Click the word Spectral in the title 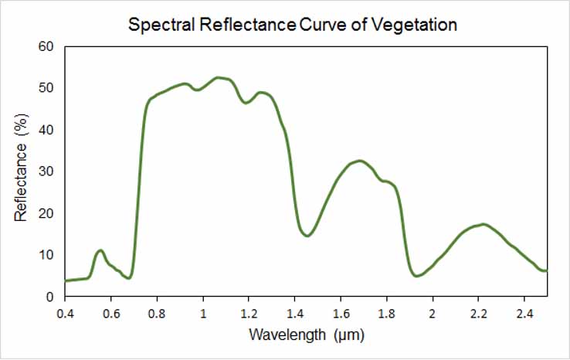point(159,25)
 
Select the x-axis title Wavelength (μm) point(306,335)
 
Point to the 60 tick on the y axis point(46,46)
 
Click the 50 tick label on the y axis point(46,88)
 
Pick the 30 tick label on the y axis point(46,172)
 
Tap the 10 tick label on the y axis point(46,255)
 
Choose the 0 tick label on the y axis point(49,297)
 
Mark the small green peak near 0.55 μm point(100,250)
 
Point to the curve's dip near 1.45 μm point(307,236)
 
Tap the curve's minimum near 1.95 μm point(417,275)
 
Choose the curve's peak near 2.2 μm point(483,224)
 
